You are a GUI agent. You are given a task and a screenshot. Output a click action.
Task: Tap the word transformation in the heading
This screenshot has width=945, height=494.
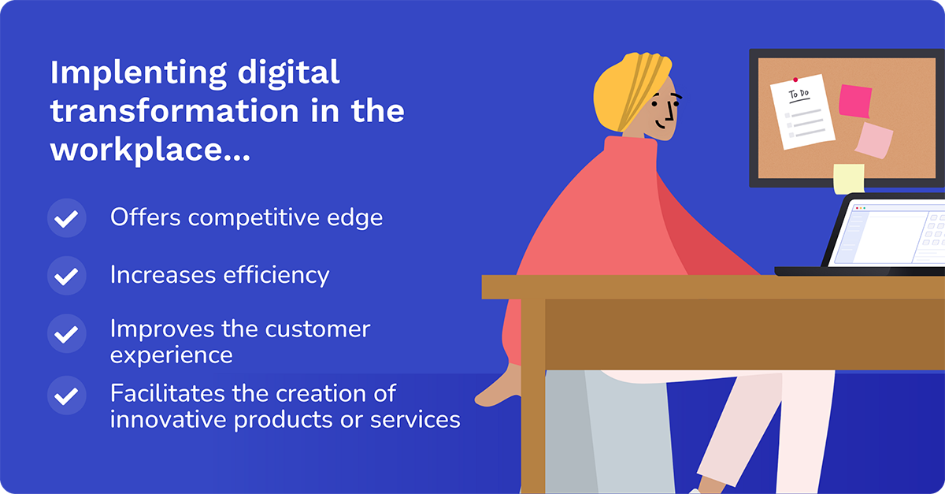pos(174,111)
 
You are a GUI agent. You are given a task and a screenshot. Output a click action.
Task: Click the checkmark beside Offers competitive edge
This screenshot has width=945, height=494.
pos(67,217)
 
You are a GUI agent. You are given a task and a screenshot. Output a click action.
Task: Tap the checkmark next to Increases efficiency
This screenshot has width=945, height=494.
pos(67,275)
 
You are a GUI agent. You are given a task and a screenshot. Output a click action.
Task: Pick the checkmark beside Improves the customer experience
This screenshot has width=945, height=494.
pos(67,333)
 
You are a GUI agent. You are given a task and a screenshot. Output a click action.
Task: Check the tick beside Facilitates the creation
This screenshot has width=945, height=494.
pos(67,395)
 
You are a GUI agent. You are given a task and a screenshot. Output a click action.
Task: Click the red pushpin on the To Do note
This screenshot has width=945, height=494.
pos(795,80)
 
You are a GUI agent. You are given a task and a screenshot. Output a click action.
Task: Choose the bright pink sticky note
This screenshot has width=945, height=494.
pos(854,101)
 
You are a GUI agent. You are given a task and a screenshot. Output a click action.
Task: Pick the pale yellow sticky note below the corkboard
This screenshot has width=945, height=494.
pos(849,179)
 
